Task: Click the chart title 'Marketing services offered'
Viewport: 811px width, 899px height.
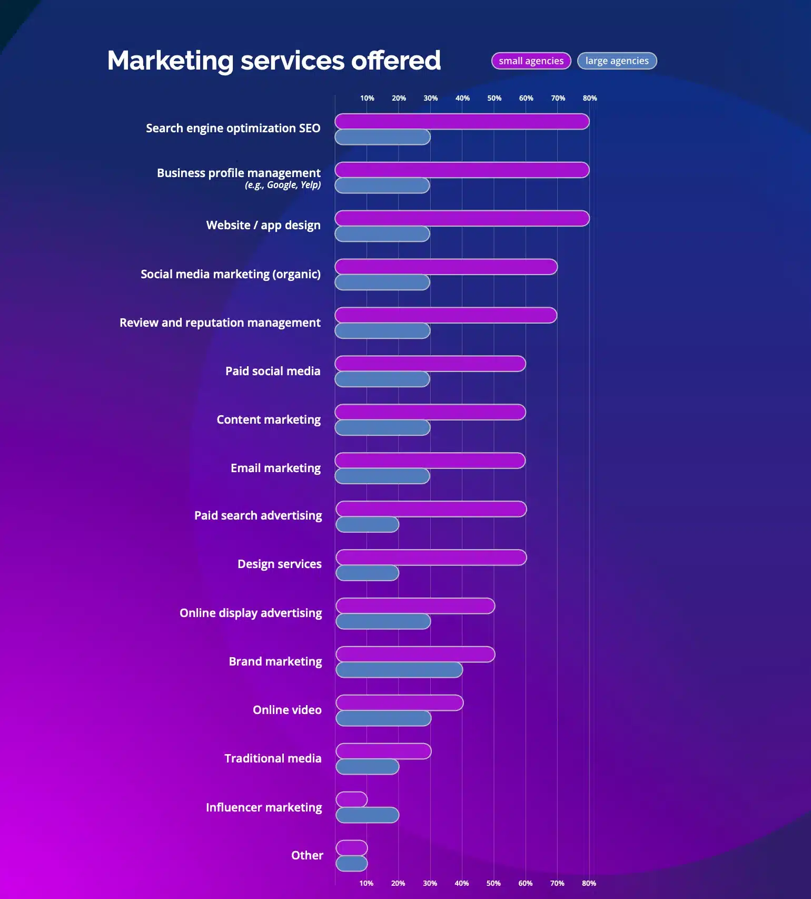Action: (274, 60)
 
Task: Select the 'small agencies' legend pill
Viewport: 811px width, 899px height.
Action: (531, 61)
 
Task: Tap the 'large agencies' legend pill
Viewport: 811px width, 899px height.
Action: (617, 61)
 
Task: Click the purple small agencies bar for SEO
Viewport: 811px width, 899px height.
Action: (462, 122)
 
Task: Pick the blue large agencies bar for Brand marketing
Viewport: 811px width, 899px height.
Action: (399, 670)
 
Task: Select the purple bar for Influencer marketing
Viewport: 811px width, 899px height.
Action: (351, 799)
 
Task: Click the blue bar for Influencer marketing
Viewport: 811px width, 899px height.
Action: (367, 815)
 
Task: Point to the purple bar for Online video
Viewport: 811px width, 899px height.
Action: (399, 702)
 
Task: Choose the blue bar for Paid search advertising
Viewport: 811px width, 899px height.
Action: (367, 524)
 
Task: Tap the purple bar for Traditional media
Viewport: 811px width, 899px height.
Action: (383, 751)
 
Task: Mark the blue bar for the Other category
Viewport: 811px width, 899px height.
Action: (351, 864)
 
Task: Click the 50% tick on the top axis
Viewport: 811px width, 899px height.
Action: (494, 98)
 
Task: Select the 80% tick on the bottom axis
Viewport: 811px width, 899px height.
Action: (589, 883)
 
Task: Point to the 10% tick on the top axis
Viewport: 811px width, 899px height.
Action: (367, 98)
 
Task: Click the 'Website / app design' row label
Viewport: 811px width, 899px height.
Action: (263, 225)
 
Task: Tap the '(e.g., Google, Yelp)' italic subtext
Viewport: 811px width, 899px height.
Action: (282, 185)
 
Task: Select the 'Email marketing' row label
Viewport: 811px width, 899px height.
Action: (275, 468)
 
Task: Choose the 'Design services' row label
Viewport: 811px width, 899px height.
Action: (279, 564)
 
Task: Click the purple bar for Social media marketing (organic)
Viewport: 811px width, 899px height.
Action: (446, 267)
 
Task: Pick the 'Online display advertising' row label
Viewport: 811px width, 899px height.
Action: (251, 613)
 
